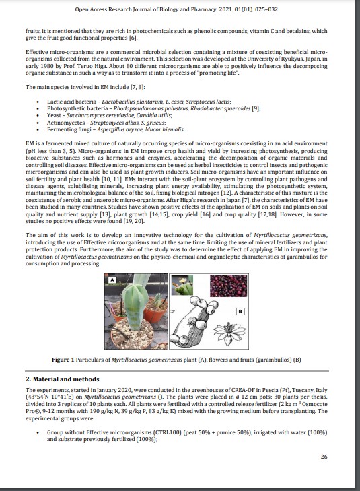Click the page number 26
[324, 457]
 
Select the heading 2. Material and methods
[62, 379]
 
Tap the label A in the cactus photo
[112, 280]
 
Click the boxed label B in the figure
[240, 311]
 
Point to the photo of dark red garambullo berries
[228, 286]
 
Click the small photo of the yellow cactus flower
[182, 286]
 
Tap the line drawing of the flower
[229, 333]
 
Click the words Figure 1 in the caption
[63, 360]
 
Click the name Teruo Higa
[92, 66]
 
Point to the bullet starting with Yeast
[110, 116]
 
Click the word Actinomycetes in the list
[66, 123]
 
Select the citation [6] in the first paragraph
[133, 38]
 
